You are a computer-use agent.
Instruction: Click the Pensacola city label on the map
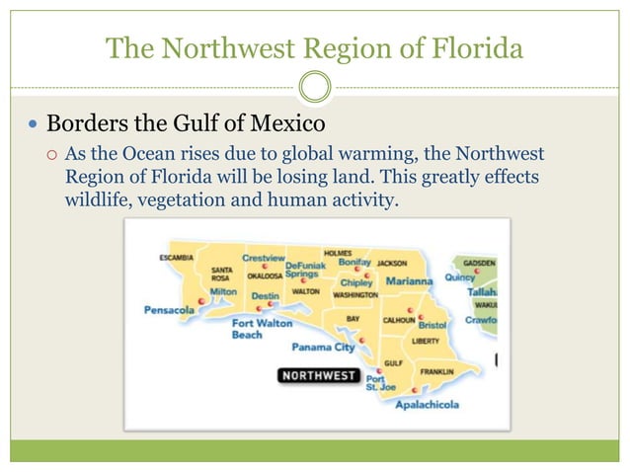point(169,309)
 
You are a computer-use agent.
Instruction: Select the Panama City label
point(323,347)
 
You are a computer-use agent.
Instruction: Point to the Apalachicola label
point(429,405)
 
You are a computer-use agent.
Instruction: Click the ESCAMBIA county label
point(176,258)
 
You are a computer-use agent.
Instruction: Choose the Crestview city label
point(263,257)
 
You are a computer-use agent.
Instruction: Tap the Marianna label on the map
point(408,280)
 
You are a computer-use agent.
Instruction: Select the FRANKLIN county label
point(435,371)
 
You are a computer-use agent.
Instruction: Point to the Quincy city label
point(459,277)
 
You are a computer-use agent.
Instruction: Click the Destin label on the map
point(265,295)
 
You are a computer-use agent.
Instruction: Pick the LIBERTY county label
point(426,341)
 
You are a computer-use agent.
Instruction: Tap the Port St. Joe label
point(380,382)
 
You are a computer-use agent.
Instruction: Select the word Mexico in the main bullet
point(288,125)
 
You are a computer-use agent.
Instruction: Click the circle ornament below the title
point(315,87)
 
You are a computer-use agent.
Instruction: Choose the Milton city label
point(223,292)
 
